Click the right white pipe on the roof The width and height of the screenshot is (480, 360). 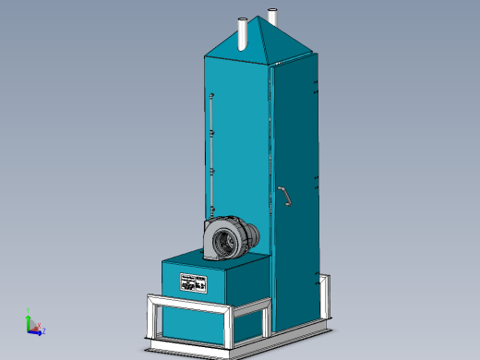pyautogui.click(x=272, y=18)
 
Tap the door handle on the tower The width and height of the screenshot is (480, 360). pyautogui.click(x=286, y=196)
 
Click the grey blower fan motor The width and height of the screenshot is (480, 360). pyautogui.click(x=231, y=238)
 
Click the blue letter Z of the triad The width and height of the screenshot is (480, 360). pyautogui.click(x=44, y=330)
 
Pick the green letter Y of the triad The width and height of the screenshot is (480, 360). pyautogui.click(x=30, y=310)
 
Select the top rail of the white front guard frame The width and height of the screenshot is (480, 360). pyautogui.click(x=189, y=301)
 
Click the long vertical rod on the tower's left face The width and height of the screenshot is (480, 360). pyautogui.click(x=211, y=152)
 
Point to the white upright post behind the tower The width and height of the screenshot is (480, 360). pyautogui.click(x=323, y=295)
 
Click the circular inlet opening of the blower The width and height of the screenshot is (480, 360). pyautogui.click(x=223, y=242)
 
